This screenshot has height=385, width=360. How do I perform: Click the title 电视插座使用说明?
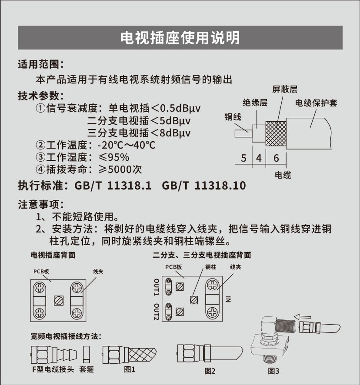point(180,38)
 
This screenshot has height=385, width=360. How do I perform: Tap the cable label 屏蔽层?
point(285,89)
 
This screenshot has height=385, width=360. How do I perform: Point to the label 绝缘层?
point(255,103)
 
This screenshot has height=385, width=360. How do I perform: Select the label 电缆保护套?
point(316,103)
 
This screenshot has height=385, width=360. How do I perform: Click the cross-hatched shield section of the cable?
point(276,133)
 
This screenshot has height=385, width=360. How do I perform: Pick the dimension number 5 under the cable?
point(243,158)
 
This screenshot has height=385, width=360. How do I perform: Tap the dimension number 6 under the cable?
point(276,158)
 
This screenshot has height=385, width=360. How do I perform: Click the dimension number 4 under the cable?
point(259,158)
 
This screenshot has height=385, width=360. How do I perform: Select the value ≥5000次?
point(120,169)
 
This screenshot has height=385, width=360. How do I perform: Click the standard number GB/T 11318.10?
point(204,186)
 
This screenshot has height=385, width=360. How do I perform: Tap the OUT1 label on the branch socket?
point(157,287)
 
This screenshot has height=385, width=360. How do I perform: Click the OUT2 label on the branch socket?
point(157,312)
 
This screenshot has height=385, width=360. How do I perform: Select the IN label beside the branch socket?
point(228,299)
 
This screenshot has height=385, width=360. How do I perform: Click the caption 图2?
point(210,371)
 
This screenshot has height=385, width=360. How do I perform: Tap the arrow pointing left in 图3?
point(303,317)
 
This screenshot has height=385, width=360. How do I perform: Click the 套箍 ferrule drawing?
point(86,354)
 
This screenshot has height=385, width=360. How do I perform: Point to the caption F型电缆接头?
point(53,369)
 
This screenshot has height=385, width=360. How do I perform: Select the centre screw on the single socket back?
point(59,301)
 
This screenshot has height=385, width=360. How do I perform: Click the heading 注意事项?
point(41,204)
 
